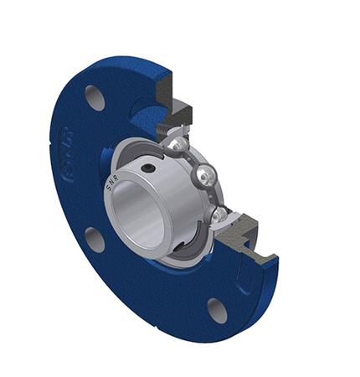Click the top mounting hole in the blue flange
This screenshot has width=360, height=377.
click(95, 97)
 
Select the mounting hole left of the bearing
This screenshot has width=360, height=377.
click(94, 240)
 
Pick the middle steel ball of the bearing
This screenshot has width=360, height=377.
click(208, 175)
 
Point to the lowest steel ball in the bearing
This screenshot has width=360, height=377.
click(219, 215)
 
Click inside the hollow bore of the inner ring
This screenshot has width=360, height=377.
click(142, 222)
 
